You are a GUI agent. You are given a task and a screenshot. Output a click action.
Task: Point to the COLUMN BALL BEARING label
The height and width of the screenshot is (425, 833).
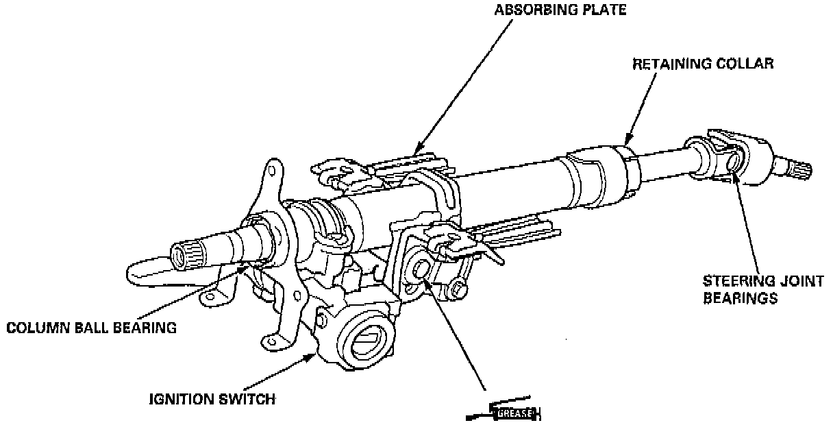(91, 328)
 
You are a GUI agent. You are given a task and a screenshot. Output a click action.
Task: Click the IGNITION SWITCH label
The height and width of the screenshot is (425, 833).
(212, 399)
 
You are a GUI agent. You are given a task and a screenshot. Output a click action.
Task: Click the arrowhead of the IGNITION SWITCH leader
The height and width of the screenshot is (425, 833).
(316, 354)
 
